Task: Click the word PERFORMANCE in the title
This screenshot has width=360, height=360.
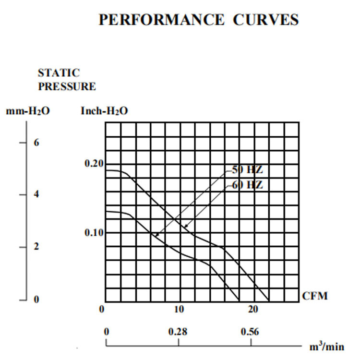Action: click(x=161, y=20)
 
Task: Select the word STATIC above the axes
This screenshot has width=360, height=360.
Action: click(x=59, y=73)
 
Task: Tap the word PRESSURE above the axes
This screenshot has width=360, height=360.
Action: click(x=67, y=86)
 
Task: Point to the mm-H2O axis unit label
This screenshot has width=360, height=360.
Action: click(x=28, y=111)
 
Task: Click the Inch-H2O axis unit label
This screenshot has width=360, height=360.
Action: click(x=104, y=111)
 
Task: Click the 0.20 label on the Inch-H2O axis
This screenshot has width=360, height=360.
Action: click(x=94, y=164)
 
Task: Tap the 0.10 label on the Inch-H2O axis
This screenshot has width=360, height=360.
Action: click(x=94, y=233)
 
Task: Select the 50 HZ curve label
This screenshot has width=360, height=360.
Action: click(x=248, y=170)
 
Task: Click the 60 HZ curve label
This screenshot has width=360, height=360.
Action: click(x=248, y=185)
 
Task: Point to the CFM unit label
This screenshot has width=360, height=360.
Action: click(x=315, y=296)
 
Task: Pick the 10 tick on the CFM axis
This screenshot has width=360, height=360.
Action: click(x=179, y=309)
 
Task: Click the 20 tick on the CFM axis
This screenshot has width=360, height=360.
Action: click(x=253, y=309)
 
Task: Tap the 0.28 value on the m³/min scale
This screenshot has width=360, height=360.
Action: click(x=178, y=332)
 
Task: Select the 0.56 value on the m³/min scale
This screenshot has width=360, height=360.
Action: click(x=250, y=332)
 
